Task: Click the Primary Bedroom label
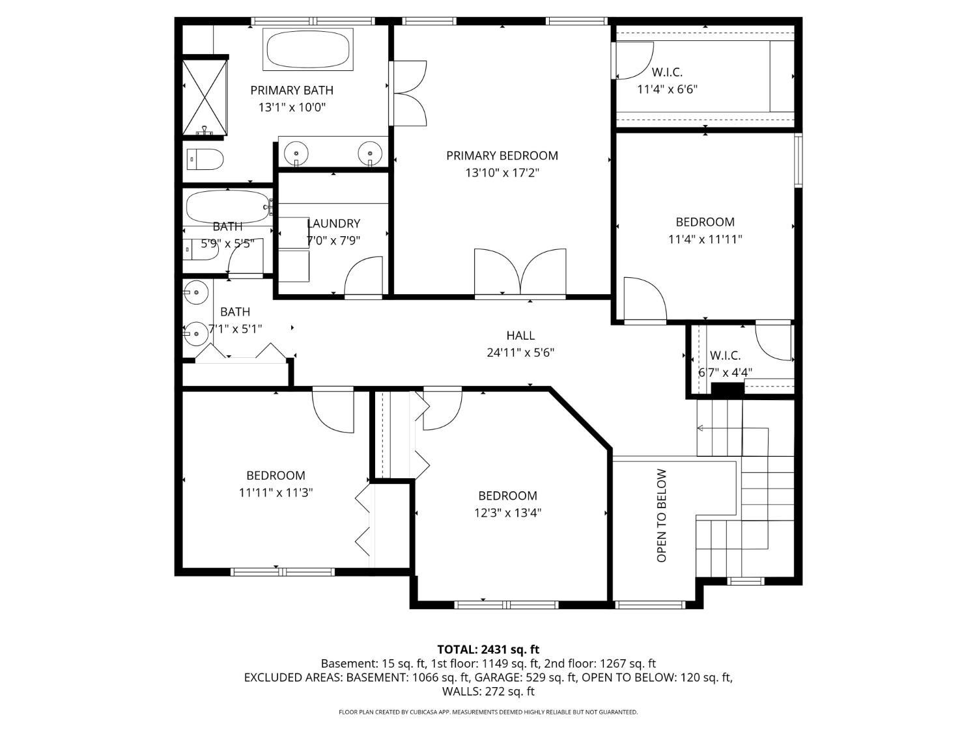tap(502, 156)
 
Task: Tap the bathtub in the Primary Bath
tap(307, 49)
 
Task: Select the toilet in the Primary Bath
tap(205, 159)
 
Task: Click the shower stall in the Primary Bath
tap(205, 97)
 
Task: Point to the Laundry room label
tap(333, 223)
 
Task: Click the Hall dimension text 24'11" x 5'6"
tap(520, 353)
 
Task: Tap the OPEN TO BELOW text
tap(661, 515)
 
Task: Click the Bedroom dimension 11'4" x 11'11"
tap(705, 239)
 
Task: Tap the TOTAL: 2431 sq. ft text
tap(488, 649)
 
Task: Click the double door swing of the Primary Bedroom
tap(520, 272)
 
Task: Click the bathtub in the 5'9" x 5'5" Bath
tap(229, 207)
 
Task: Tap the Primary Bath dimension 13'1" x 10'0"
tap(292, 107)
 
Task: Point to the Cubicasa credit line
tap(488, 712)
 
